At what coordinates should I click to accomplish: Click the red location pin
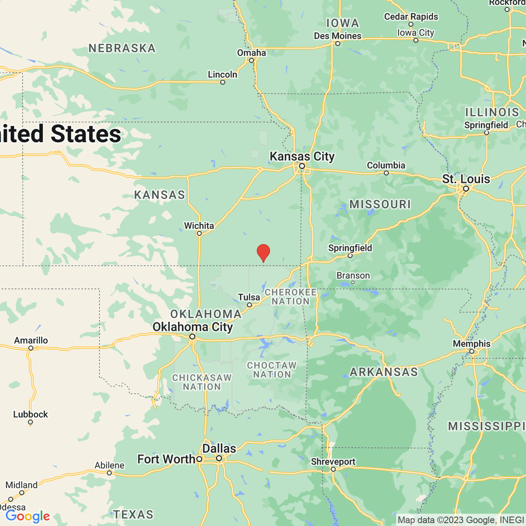click(263, 252)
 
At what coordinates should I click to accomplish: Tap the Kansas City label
click(302, 156)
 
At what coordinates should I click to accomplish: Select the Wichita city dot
click(199, 234)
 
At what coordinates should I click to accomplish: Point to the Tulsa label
click(249, 297)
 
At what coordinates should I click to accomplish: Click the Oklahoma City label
click(192, 327)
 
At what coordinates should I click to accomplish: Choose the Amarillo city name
click(31, 340)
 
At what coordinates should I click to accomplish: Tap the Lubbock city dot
click(30, 423)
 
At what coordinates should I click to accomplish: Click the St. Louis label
click(466, 179)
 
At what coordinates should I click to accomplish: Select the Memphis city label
click(472, 344)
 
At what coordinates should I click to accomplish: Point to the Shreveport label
click(333, 462)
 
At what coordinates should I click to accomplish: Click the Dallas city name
click(219, 448)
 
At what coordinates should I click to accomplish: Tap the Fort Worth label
click(166, 459)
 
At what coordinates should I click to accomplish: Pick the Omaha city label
click(252, 53)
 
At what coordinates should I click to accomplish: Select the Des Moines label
click(338, 36)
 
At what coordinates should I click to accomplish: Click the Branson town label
click(353, 275)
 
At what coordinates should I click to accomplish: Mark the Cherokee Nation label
click(291, 297)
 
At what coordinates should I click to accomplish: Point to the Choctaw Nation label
click(272, 370)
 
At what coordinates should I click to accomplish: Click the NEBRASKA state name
click(122, 48)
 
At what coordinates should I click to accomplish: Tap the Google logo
click(28, 516)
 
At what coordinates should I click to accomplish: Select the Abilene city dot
click(109, 473)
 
